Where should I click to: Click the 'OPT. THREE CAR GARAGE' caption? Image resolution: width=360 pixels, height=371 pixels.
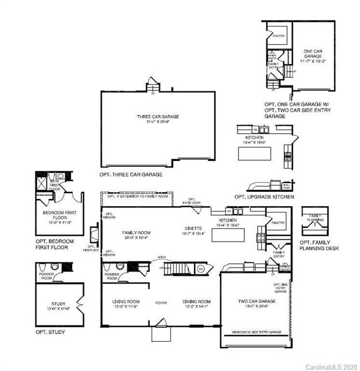131,174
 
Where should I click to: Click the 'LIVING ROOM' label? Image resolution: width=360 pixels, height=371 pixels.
126,302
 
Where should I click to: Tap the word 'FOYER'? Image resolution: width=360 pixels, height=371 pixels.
161,303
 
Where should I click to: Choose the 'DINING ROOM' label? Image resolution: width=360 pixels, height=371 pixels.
197,302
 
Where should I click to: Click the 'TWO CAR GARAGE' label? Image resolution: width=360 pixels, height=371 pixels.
254,302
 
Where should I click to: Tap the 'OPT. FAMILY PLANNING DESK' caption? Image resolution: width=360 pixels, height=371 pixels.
318,246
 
